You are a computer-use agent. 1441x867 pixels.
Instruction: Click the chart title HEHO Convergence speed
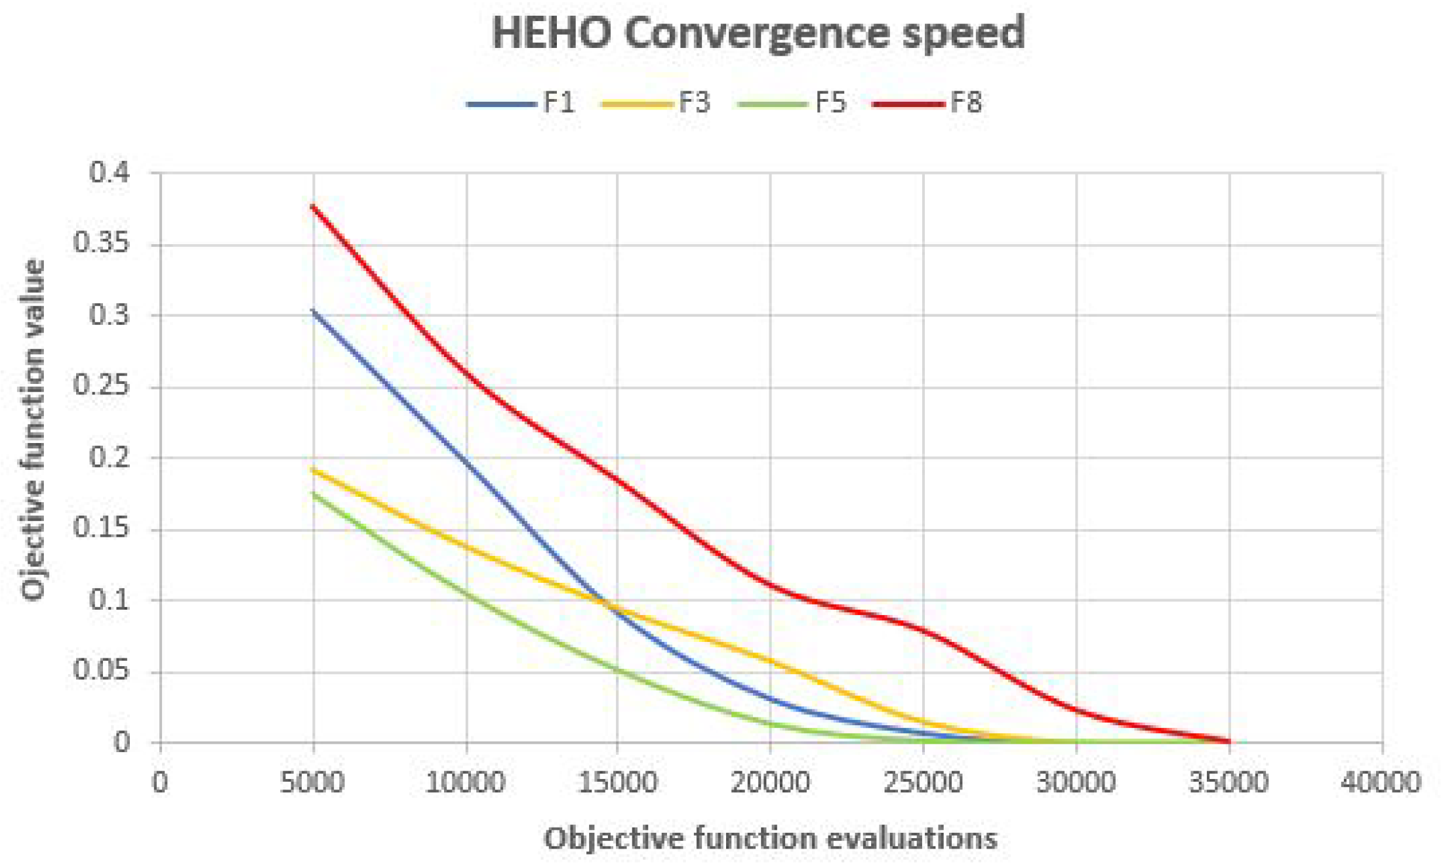[x=758, y=33]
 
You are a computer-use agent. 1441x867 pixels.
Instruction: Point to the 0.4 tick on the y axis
[x=110, y=173]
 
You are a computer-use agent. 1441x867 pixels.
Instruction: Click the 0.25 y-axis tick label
[x=102, y=386]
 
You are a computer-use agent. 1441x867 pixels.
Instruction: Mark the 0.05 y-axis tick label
[x=102, y=671]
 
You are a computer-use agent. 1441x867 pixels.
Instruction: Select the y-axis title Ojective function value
[x=33, y=430]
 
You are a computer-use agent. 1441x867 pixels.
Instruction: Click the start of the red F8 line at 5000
[x=314, y=207]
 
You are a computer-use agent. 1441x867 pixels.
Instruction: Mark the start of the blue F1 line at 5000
[x=314, y=311]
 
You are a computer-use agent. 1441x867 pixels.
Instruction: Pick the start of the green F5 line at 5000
[x=314, y=494]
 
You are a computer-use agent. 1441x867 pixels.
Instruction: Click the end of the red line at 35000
[x=1229, y=741]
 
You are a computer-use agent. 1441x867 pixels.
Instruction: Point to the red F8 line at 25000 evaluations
[x=923, y=630]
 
